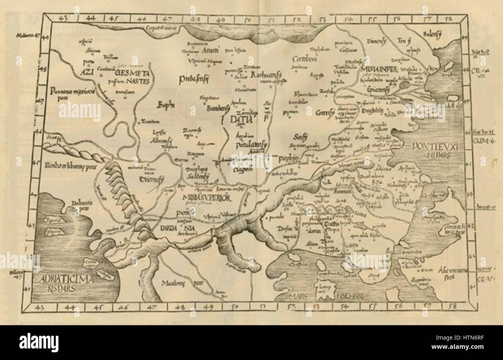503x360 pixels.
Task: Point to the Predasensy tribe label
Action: pos(194,79)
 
